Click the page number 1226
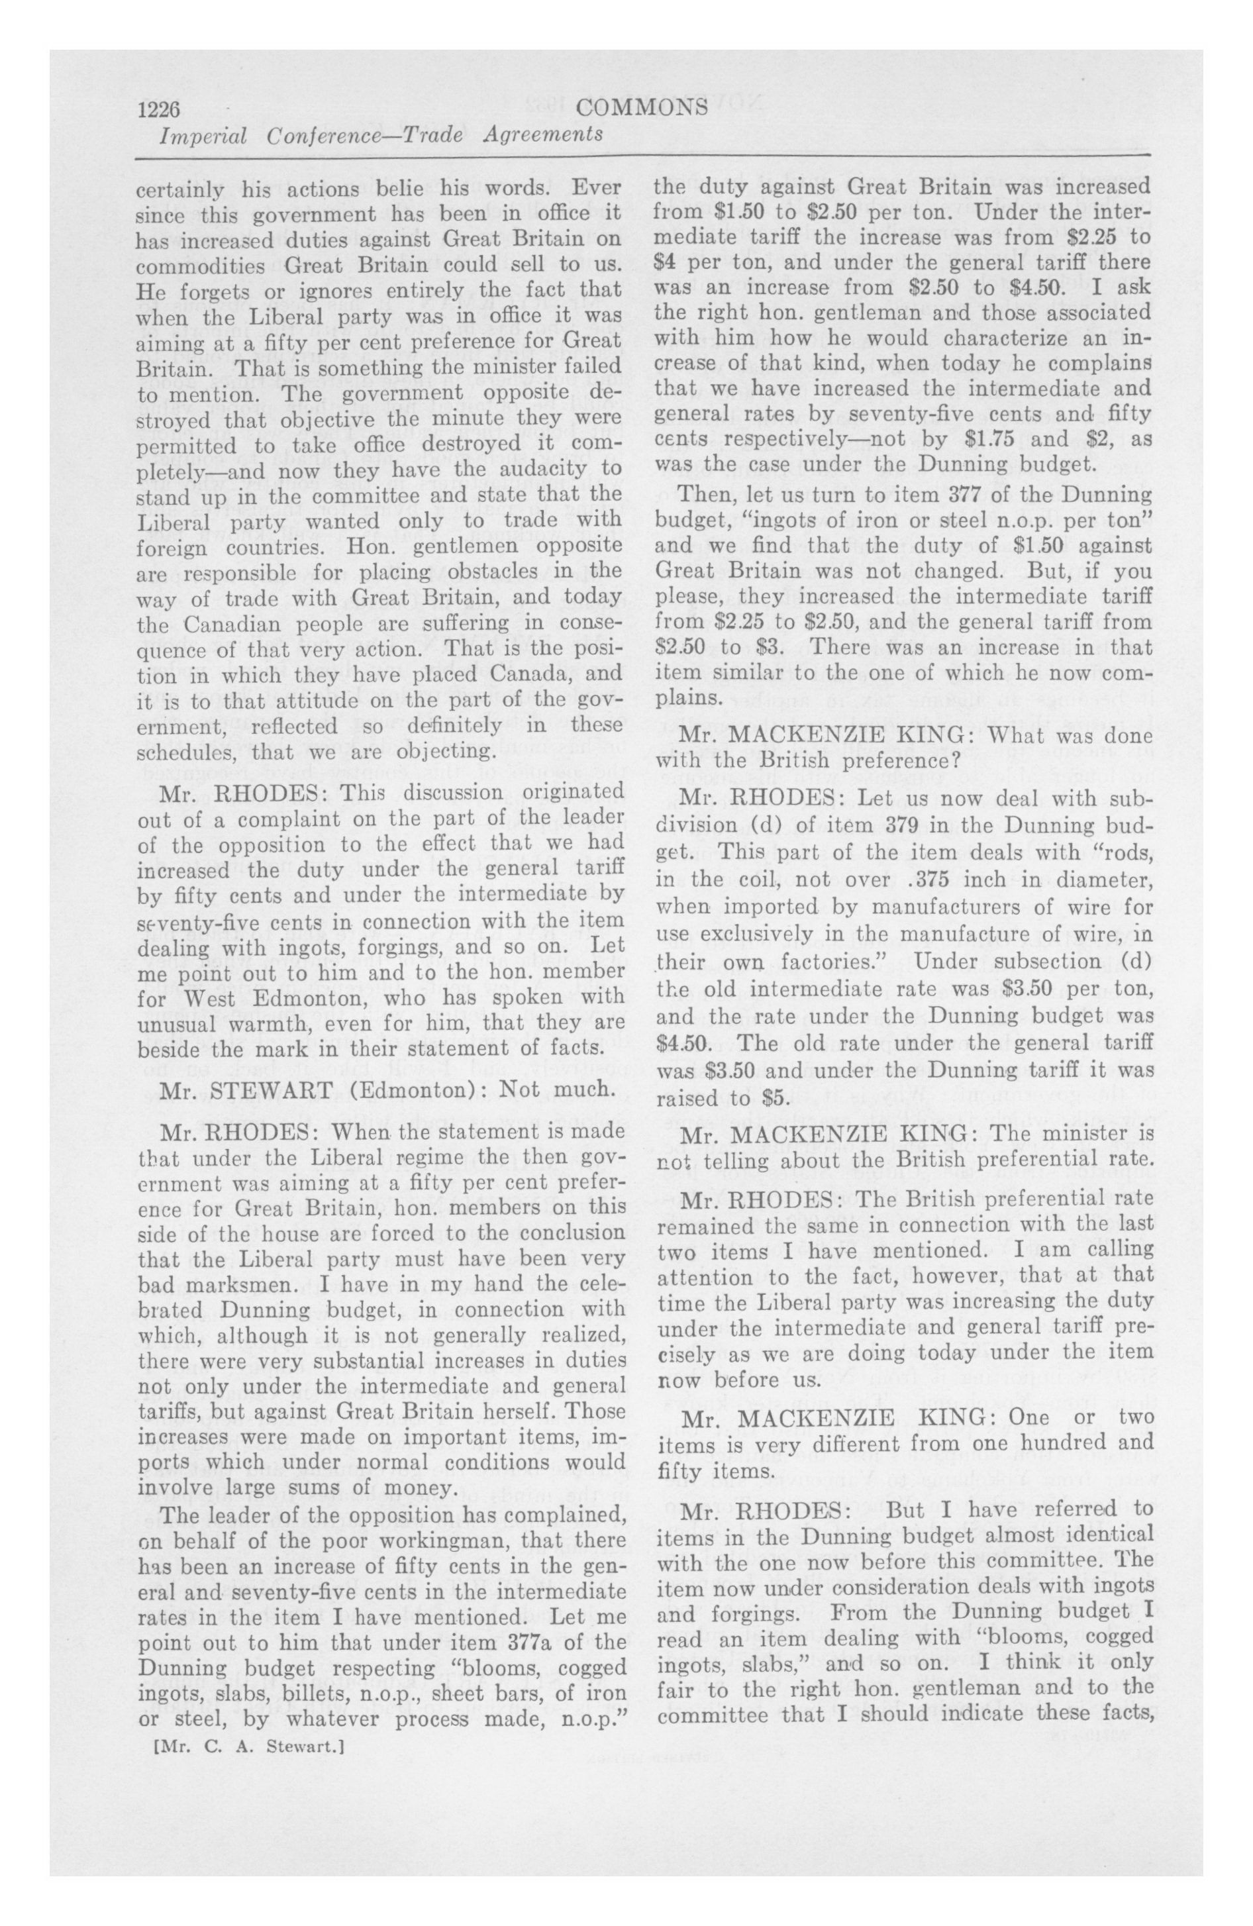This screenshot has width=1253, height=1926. [x=158, y=109]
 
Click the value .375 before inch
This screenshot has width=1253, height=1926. [x=932, y=879]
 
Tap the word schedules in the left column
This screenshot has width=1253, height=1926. [x=188, y=751]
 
